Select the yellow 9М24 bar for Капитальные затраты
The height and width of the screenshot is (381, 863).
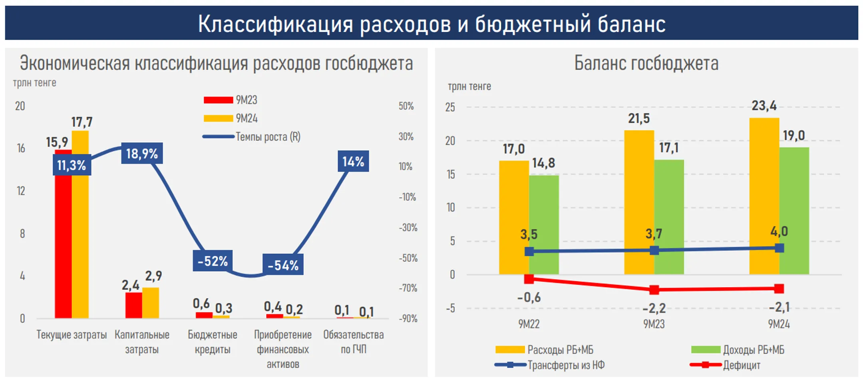(151, 303)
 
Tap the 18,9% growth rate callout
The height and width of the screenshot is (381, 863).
(142, 154)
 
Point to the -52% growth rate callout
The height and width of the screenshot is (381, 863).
(213, 261)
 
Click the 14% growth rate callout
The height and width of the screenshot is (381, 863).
(353, 162)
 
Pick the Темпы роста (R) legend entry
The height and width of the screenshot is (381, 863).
(267, 137)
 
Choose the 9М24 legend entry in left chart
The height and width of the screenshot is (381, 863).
(246, 118)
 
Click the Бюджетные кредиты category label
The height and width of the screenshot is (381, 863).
(213, 342)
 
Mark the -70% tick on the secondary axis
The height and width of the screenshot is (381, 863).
(408, 288)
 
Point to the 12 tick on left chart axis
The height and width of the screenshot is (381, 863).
(21, 191)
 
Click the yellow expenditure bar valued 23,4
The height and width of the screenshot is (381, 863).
(764, 195)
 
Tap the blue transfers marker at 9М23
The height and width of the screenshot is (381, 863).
(654, 251)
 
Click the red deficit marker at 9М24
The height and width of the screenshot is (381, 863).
(779, 288)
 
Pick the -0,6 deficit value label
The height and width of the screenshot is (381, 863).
(529, 298)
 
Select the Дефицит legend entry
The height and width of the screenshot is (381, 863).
(741, 365)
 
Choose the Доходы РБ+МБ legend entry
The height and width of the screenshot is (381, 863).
(753, 350)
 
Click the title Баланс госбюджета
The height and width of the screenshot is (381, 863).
(646, 63)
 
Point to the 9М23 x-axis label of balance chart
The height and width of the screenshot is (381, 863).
(654, 324)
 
